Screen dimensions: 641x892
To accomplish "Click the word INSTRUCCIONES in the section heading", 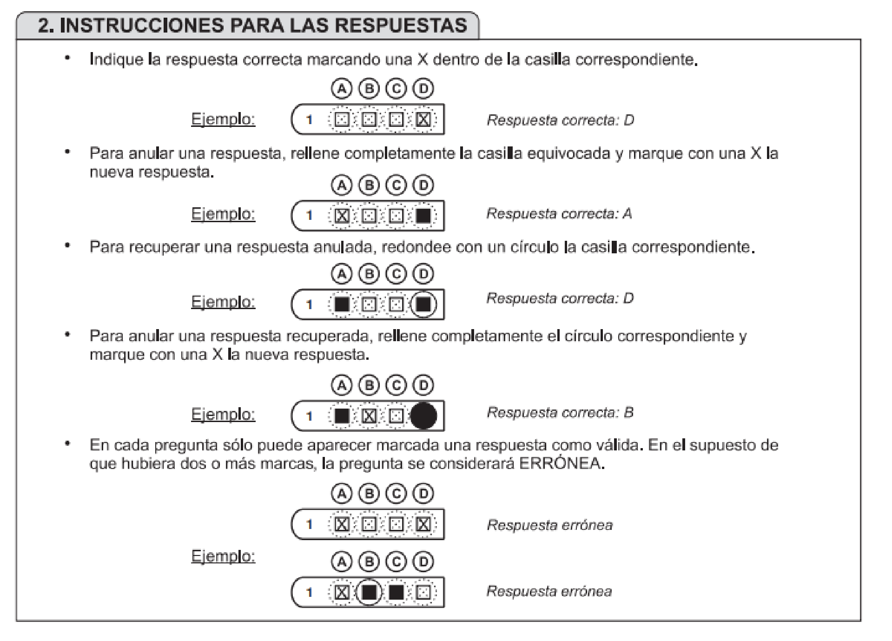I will coord(142,25).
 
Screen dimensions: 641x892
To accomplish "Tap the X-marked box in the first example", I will coord(423,120).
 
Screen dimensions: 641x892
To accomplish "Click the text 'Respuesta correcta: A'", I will coord(559,214).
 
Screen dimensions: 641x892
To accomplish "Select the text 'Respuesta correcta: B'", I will coord(560,413).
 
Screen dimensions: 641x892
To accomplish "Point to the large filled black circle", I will coord(423,416).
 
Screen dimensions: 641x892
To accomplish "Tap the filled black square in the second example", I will coord(423,216).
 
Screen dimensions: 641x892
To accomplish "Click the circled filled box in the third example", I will coord(423,304).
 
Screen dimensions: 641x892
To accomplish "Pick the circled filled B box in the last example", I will coord(369,592).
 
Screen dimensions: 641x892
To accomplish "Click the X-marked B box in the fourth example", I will coord(369,416).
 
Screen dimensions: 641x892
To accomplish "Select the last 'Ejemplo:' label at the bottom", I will coord(223,556).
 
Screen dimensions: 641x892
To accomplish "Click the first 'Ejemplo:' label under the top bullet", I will coord(223,119).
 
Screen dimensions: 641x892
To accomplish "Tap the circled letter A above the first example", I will coord(342,88).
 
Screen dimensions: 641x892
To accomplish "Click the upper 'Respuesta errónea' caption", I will coord(549,525).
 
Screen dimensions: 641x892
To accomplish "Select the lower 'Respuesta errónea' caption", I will coord(549,591).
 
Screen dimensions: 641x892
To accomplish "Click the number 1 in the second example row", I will coord(309,216).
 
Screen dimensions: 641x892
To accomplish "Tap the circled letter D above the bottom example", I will coord(423,562).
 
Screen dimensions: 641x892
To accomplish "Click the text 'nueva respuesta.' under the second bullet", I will coord(152,172).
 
